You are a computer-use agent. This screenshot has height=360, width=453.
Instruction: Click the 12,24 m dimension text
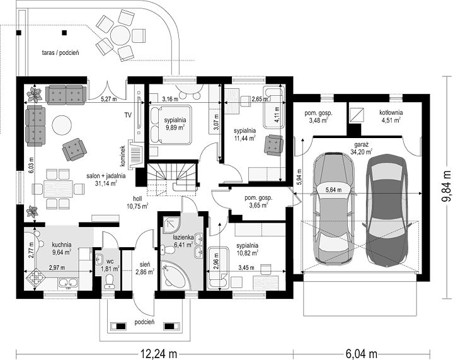159,353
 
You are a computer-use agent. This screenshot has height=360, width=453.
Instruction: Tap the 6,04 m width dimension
361,353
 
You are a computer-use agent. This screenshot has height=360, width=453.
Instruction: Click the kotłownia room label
391,112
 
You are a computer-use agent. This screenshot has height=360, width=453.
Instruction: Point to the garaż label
361,144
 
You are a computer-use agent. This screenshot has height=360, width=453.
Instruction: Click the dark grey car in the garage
387,210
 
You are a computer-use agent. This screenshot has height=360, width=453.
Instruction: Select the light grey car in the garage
335,208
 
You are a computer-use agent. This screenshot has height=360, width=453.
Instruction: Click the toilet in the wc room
110,281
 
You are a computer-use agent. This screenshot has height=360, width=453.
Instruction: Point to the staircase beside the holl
173,177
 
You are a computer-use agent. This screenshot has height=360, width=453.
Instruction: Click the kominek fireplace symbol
136,156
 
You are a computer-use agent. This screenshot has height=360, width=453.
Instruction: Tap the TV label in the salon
128,115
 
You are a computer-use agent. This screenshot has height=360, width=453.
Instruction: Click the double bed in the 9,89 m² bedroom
171,125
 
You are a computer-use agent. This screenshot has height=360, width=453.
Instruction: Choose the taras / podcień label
60,52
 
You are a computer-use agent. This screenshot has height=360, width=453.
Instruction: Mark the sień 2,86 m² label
144,268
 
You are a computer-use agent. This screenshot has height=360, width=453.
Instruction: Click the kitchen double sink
68,282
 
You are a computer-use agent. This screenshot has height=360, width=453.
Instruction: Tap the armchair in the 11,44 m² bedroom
273,145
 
